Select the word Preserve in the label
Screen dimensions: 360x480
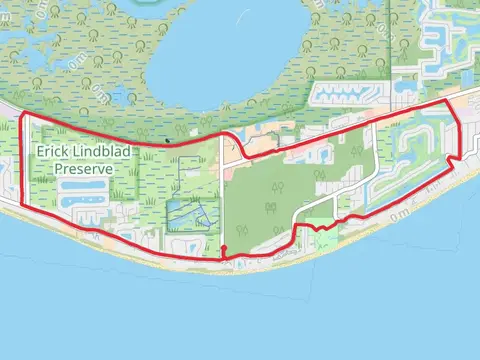84,169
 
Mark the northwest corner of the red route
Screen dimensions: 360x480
22,117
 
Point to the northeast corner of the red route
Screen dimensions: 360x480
449,101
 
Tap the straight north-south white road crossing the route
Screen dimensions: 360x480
220,200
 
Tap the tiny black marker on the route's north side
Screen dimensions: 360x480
167,140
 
